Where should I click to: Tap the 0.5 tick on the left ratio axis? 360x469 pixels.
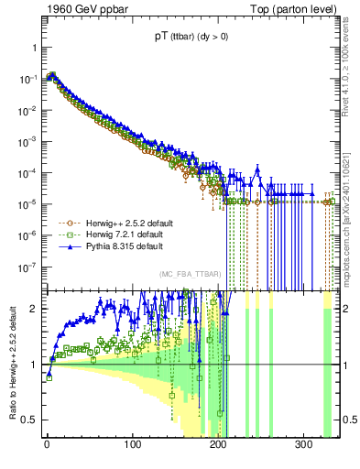(x=29, y=420)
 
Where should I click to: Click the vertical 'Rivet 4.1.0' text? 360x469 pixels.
(x=349, y=69)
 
